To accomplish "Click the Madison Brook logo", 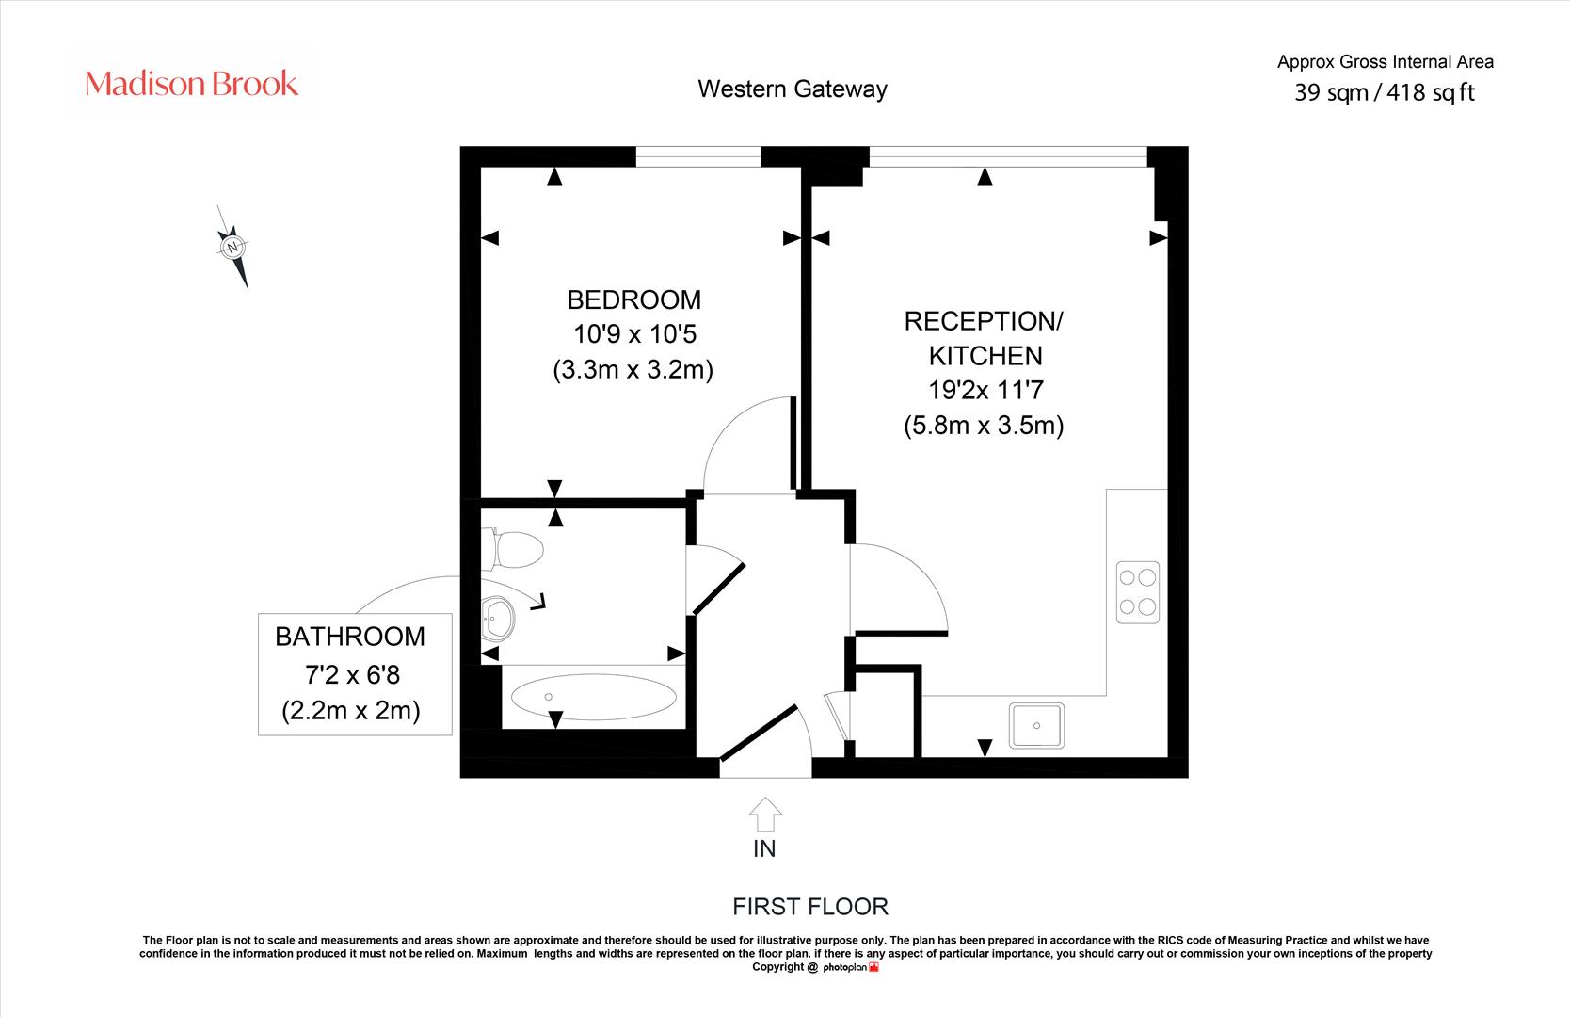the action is click(191, 84).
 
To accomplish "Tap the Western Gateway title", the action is click(793, 89).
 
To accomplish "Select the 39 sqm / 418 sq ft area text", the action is click(1385, 92).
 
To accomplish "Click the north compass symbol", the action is click(232, 247).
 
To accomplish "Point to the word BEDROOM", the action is click(634, 300).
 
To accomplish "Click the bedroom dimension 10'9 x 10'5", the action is click(635, 334).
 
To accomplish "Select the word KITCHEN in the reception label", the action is click(985, 356).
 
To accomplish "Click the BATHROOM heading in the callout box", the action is click(350, 637).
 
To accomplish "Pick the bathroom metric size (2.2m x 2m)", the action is click(351, 711).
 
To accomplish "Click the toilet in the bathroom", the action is click(513, 549).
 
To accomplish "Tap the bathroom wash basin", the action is click(498, 619).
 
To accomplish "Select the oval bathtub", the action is click(594, 697).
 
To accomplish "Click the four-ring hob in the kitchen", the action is click(1138, 592).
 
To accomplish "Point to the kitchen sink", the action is click(1036, 726).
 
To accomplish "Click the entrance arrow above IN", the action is click(764, 815).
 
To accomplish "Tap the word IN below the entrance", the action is click(764, 849).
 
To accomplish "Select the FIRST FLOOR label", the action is click(810, 907).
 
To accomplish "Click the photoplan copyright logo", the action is click(851, 967).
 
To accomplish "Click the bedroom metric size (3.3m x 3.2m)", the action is click(633, 370).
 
